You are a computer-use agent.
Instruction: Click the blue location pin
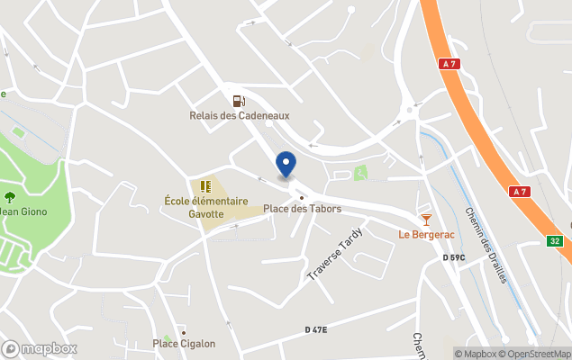(x=286, y=165)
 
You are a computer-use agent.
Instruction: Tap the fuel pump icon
(x=238, y=102)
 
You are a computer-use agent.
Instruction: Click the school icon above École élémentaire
(x=205, y=187)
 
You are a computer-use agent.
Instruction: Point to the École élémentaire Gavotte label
(x=205, y=208)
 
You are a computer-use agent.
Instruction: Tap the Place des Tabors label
(x=302, y=209)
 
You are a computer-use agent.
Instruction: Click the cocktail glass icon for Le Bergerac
(x=426, y=220)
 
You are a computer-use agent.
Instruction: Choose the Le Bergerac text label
(x=426, y=235)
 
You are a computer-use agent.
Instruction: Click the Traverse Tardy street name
(x=335, y=254)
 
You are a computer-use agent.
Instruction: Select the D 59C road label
(x=454, y=258)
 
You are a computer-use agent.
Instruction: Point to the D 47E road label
(x=315, y=330)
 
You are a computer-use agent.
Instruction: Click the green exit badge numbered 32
(x=556, y=240)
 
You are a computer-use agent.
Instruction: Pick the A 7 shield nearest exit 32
(x=519, y=192)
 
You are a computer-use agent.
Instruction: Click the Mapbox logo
(x=39, y=348)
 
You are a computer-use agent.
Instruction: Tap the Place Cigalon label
(x=184, y=343)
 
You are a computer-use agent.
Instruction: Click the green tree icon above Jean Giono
(x=10, y=197)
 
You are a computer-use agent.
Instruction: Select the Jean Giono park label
(x=23, y=211)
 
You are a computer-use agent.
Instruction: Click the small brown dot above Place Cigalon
(x=184, y=332)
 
